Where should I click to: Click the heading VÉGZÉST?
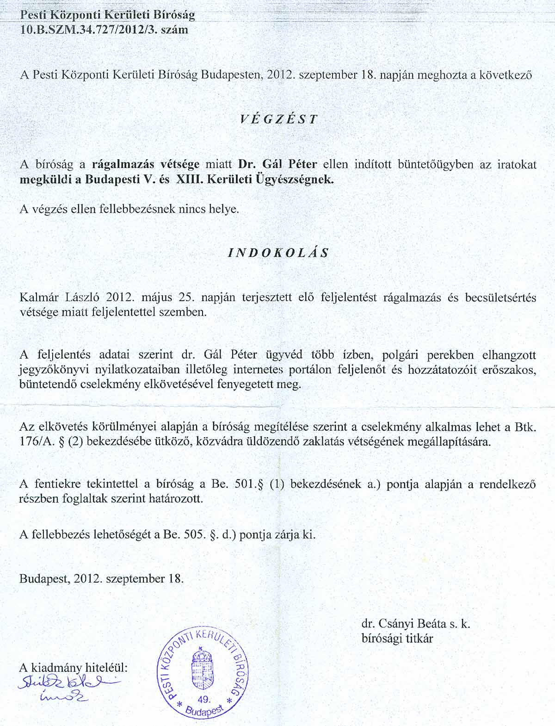point(278,119)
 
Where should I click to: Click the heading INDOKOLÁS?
point(278,253)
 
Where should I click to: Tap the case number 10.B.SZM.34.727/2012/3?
point(89,30)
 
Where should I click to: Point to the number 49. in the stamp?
point(203,699)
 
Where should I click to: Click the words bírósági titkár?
point(397,639)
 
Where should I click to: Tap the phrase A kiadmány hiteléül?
point(73,667)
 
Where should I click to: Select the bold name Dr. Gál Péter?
point(277,164)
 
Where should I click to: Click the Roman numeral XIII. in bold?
point(188,180)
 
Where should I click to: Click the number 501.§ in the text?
point(249,484)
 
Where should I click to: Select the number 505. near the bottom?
point(192,535)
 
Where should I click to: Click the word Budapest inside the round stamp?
point(204,715)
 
